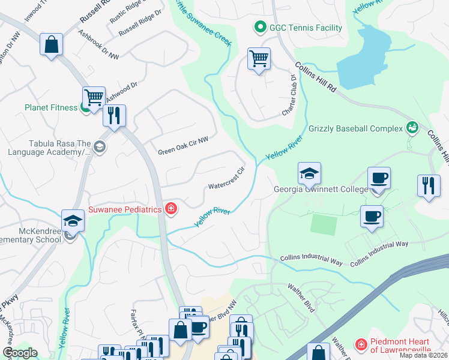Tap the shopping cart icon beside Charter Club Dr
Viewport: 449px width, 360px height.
[259, 59]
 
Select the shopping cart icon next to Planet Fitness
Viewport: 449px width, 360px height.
[94, 97]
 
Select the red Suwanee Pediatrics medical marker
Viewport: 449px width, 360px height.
[172, 209]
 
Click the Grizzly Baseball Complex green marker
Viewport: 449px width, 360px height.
[412, 128]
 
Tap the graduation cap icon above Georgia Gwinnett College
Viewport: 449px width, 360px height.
[309, 174]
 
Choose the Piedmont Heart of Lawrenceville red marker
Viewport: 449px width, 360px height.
[361, 344]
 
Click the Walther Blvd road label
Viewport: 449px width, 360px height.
[301, 298]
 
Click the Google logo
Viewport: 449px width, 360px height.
[20, 352]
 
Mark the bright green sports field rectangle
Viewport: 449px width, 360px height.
[324, 225]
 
